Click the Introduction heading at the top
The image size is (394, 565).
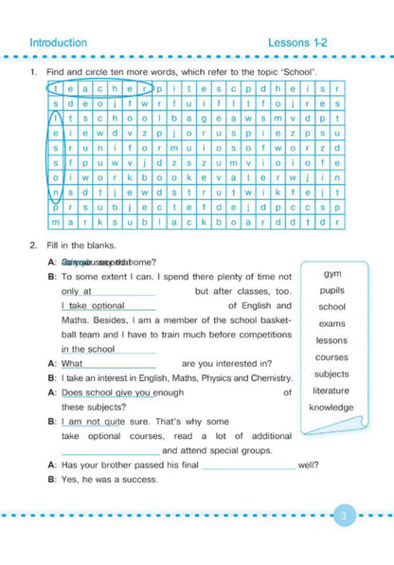point(58,43)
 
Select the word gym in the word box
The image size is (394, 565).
point(331,274)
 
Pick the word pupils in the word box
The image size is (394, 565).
point(331,290)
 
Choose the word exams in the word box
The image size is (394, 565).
point(331,323)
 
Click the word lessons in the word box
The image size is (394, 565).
point(331,340)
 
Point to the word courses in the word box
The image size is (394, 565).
point(331,357)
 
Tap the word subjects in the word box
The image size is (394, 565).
point(331,374)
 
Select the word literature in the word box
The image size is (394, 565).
point(331,391)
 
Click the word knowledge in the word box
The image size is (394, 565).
point(331,408)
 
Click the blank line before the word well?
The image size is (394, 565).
point(248,465)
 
